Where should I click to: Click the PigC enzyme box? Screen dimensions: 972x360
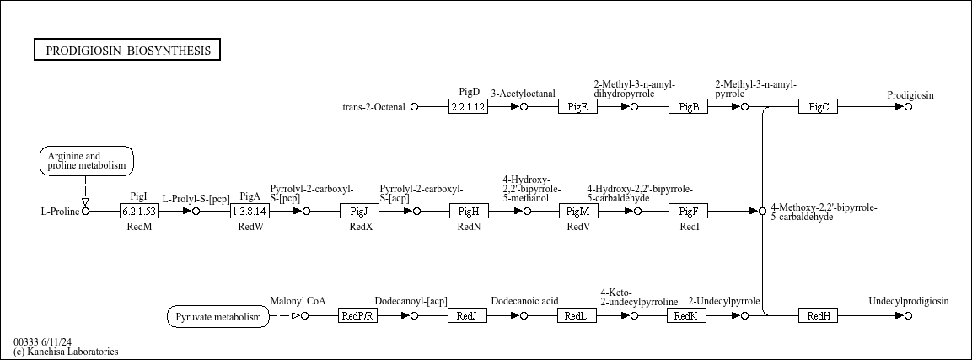click(818, 106)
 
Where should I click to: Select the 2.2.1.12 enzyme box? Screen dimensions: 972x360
click(468, 106)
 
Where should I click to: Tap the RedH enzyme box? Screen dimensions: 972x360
click(818, 315)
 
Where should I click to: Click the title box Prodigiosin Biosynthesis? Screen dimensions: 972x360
click(127, 51)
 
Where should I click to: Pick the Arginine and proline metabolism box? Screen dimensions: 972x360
click(87, 161)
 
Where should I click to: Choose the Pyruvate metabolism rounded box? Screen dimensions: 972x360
click(218, 317)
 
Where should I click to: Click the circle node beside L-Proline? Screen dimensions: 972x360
click(85, 212)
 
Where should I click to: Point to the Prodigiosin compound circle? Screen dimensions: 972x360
click(908, 106)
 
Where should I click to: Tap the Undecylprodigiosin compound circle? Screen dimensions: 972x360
click(908, 315)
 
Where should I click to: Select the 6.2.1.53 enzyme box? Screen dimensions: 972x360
click(139, 212)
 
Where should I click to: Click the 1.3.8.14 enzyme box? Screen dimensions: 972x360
click(250, 212)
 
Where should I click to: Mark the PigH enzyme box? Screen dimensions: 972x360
click(469, 212)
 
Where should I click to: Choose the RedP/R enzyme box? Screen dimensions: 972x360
click(357, 315)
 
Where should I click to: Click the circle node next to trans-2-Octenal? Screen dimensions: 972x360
click(415, 106)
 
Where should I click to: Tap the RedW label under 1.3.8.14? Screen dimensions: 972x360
click(250, 227)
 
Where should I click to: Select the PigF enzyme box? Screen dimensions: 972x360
click(688, 212)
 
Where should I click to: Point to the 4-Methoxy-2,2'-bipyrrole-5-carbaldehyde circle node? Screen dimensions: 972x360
click(762, 212)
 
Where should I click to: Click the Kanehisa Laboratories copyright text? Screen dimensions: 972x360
click(66, 352)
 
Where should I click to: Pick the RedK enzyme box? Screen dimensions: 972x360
click(686, 315)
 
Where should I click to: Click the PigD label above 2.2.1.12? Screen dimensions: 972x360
click(470, 92)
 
